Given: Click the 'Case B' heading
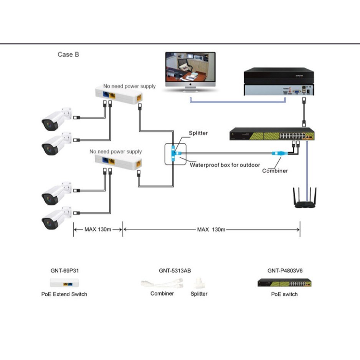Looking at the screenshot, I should [x=68, y=54].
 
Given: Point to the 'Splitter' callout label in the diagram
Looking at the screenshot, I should [x=198, y=133].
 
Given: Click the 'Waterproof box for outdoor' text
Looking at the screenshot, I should [x=225, y=165].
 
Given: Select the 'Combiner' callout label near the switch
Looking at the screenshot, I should [x=275, y=171].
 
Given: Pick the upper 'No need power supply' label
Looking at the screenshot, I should [x=129, y=86].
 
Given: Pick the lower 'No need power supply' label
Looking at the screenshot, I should [x=116, y=152].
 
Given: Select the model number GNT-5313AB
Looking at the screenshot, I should [x=175, y=271].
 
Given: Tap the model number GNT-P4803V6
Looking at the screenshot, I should [x=284, y=271].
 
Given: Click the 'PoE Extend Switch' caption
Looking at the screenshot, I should [x=64, y=294].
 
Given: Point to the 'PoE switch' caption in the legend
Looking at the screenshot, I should [x=284, y=294].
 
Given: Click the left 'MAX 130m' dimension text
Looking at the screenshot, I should [x=98, y=230].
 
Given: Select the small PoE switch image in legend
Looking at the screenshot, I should [x=284, y=283].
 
